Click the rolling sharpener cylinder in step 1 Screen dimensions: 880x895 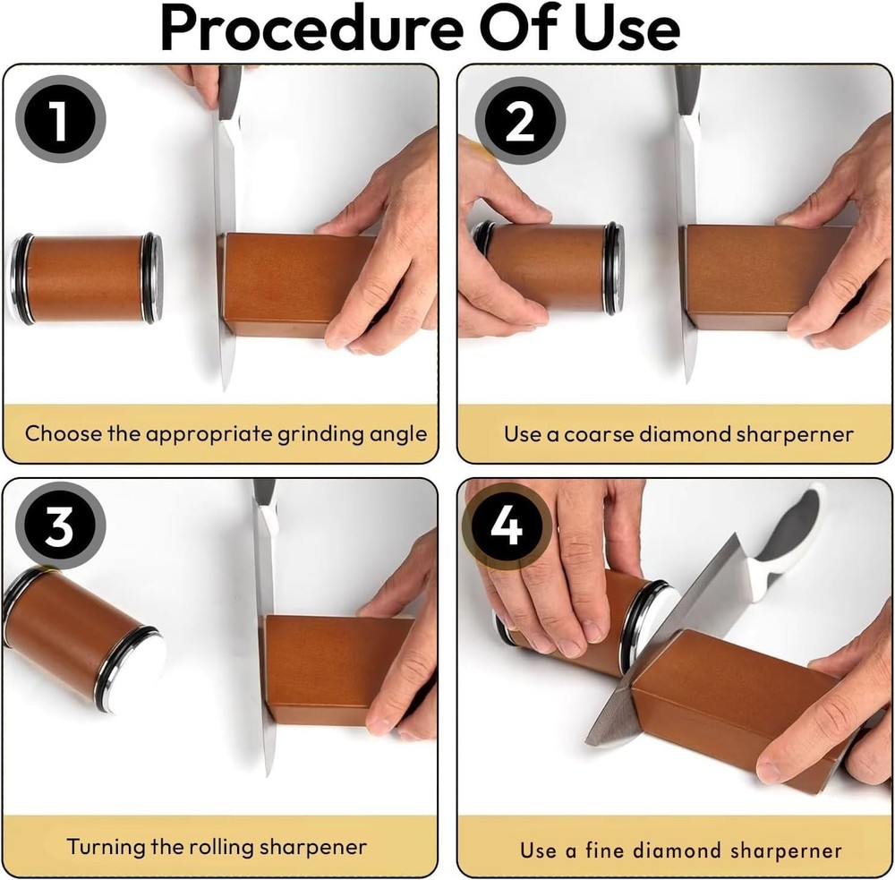click(88, 278)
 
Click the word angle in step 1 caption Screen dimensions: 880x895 click(393, 434)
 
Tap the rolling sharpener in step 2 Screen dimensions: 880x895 click(548, 269)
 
